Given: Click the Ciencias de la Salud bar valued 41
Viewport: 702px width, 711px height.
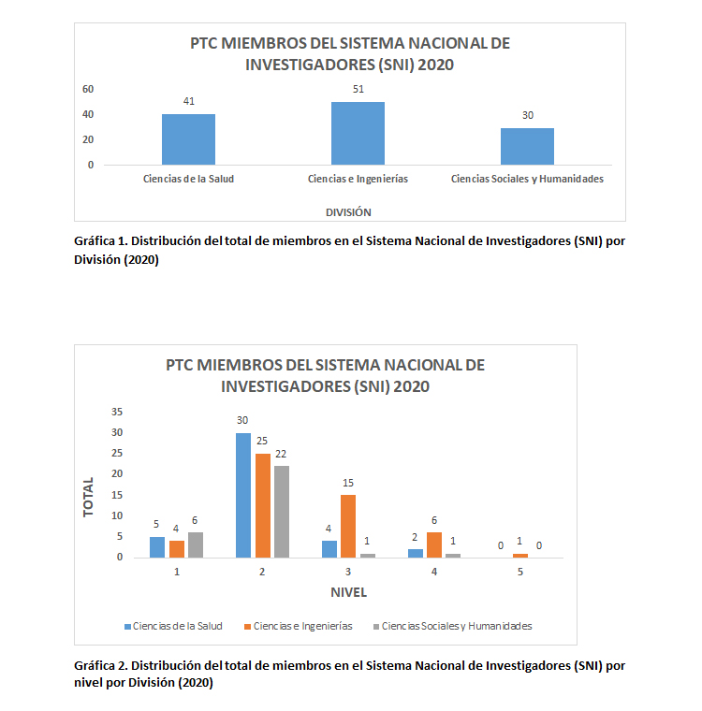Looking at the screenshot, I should (x=188, y=139).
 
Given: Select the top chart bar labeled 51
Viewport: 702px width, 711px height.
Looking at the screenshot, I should (x=358, y=133).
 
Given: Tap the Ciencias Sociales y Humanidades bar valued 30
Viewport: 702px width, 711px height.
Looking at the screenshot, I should (x=527, y=146).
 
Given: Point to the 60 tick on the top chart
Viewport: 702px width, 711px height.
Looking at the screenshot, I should (x=88, y=90).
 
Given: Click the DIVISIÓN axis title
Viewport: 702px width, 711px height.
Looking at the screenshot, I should (x=348, y=211).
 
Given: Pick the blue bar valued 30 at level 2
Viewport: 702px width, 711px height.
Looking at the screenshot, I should (x=243, y=495).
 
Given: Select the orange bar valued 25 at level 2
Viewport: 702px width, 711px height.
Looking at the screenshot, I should (x=262, y=505).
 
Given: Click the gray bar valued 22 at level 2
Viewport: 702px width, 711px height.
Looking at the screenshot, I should (x=282, y=512).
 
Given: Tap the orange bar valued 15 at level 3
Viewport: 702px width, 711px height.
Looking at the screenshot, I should (x=347, y=526).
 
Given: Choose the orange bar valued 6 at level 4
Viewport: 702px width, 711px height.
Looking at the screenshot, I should (x=433, y=544).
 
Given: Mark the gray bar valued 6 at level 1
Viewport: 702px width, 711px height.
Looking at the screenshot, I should (x=196, y=544).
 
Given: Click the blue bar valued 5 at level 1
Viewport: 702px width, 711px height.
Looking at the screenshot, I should (x=157, y=546).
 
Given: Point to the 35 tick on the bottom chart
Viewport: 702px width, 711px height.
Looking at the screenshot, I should (x=116, y=412).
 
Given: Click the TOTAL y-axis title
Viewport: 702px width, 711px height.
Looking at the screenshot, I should (x=89, y=498).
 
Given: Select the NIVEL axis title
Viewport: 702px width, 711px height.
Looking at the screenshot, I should (x=348, y=592).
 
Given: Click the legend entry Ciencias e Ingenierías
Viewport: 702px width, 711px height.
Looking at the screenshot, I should (x=302, y=626).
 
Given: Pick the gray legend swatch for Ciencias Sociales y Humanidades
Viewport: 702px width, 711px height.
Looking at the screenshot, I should (x=375, y=626).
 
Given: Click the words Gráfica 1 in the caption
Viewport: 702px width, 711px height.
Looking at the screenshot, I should (x=100, y=240).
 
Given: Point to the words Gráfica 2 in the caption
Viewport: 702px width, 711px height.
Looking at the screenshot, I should (x=100, y=665).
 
